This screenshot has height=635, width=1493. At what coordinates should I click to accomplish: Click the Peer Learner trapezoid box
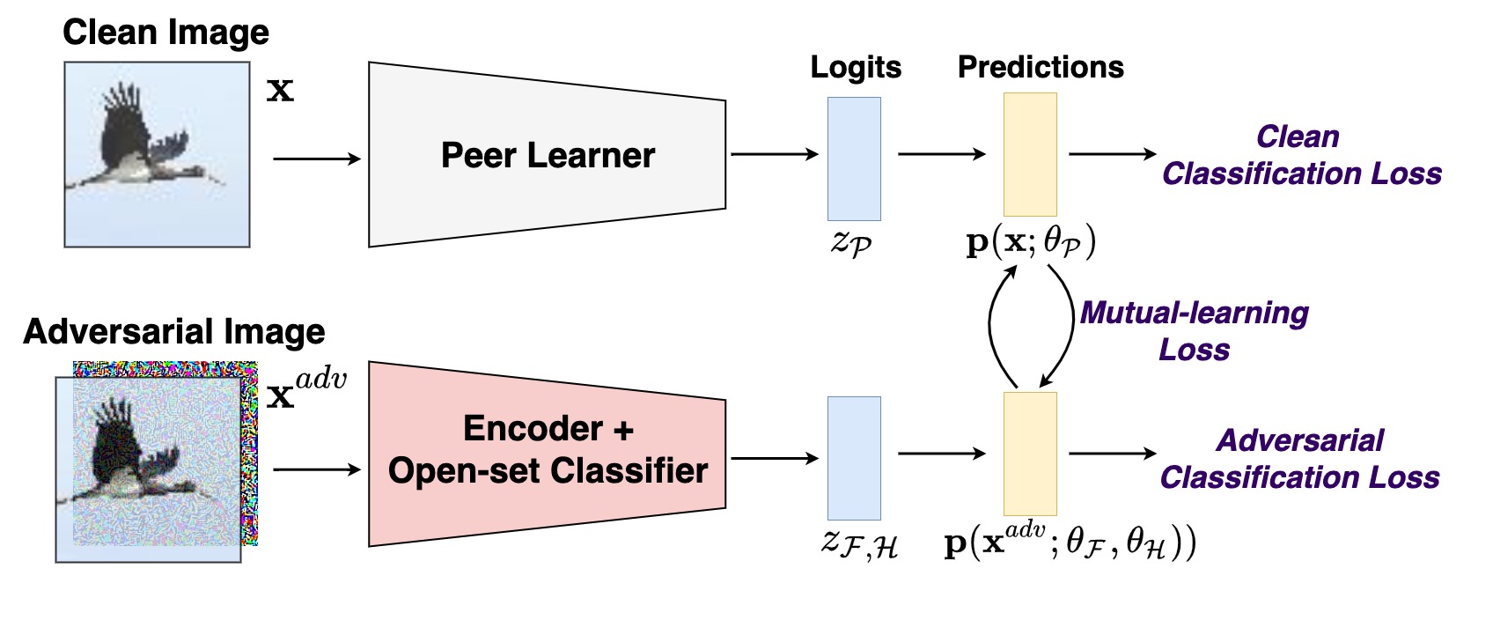547,155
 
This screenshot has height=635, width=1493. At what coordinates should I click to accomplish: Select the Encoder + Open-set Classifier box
547,451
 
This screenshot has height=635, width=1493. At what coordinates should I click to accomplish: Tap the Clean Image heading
165,33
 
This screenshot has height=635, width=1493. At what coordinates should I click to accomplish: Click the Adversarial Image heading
174,332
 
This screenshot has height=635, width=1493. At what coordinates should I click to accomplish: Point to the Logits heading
856,68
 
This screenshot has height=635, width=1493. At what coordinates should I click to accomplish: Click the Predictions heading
1041,68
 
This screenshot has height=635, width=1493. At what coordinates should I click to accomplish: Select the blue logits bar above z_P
853,159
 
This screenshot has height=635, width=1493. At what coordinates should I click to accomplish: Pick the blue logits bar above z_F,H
853,458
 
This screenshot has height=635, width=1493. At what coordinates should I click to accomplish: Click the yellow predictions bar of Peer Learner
1029,155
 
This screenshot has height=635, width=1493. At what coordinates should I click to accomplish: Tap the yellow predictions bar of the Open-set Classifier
1029,454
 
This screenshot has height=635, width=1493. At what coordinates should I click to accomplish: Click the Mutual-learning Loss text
1194,331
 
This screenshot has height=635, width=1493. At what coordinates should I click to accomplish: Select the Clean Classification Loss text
1301,155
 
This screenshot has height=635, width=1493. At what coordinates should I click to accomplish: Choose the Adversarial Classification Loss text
1299,459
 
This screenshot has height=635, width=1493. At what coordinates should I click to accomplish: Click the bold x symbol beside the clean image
280,90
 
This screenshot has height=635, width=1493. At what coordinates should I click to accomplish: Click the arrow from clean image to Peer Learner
317,159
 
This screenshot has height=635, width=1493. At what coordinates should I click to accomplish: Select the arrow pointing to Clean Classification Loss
1112,154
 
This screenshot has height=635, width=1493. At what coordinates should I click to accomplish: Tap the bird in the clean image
141,145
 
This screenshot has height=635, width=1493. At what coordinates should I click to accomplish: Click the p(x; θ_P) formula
1030,242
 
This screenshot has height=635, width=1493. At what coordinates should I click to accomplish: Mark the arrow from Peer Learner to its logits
774,154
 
